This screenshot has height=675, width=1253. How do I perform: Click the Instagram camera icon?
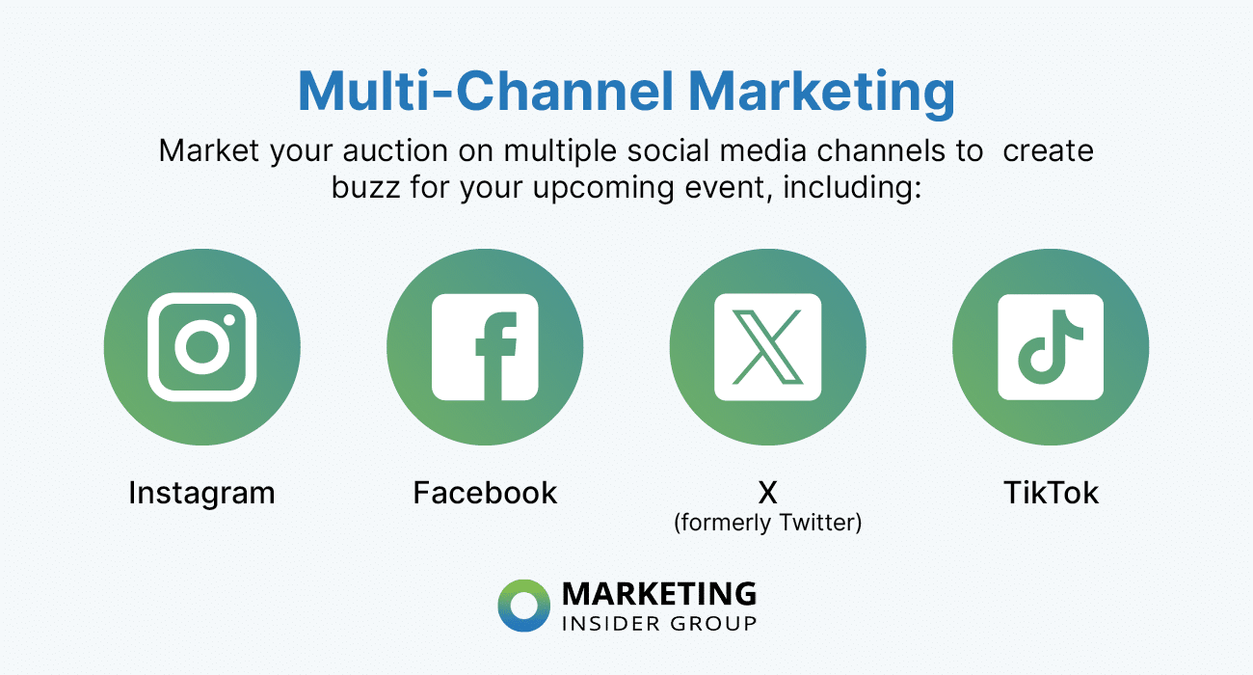(x=202, y=347)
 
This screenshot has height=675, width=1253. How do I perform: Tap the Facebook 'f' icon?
(x=485, y=347)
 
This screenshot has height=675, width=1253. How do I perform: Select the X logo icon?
(x=768, y=347)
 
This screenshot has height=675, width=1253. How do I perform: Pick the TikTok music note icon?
(x=1051, y=347)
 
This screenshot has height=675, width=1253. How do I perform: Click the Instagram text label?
(x=201, y=493)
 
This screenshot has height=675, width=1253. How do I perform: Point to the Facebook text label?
(x=485, y=493)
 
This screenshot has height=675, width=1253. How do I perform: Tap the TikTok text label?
(x=1051, y=493)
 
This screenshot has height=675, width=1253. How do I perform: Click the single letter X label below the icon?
(x=767, y=493)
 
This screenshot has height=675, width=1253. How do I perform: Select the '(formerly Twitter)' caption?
(x=767, y=523)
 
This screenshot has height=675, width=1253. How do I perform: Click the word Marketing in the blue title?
(x=821, y=93)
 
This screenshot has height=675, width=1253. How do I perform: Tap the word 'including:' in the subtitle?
(x=853, y=186)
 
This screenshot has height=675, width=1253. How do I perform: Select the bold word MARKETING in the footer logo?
(x=658, y=593)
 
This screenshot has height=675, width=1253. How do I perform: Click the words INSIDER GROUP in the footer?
(x=658, y=623)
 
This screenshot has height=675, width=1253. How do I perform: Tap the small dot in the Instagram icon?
(x=229, y=320)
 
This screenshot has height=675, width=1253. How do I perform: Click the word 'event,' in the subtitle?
(x=732, y=186)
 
